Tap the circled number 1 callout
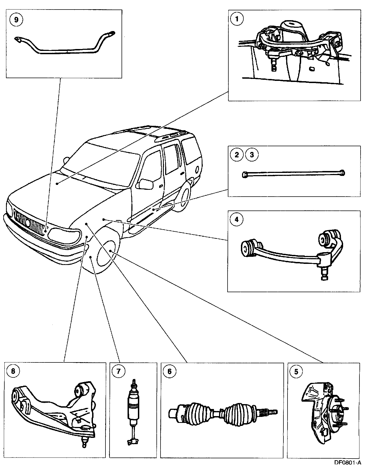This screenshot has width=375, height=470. click(x=236, y=19)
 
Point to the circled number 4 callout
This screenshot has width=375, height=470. click(x=236, y=219)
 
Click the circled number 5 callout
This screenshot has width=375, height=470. click(x=296, y=371)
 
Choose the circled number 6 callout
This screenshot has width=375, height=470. click(x=170, y=371)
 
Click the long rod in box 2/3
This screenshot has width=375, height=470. click(x=294, y=173)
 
